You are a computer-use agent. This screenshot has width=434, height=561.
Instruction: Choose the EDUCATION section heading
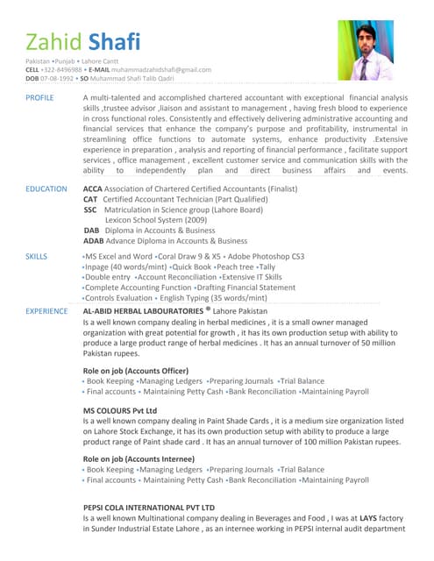coord(46,188)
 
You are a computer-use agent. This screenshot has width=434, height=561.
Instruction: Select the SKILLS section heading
coord(36,256)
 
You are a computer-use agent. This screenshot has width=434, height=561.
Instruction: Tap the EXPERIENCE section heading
coord(46,311)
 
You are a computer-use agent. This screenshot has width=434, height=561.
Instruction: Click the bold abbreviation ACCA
coord(92,188)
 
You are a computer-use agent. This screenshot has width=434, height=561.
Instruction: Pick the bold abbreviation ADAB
coord(93,240)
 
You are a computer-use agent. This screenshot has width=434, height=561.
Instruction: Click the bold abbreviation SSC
coord(90,209)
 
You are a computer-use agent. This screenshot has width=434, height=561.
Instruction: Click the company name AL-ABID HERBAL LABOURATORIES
coord(143,311)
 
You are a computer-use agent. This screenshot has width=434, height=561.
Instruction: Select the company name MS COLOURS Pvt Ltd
coord(119,410)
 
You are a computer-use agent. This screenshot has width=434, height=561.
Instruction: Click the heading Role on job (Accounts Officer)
coord(135,371)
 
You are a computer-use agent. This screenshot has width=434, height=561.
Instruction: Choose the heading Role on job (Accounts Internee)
coord(138,458)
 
